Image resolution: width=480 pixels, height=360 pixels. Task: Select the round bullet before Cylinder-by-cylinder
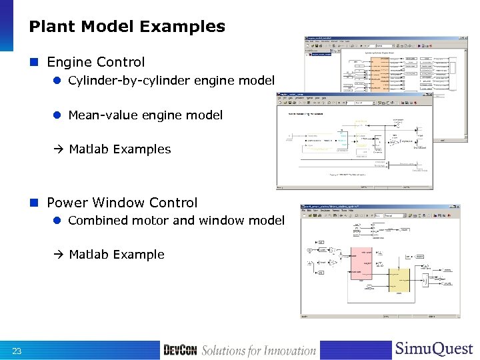[x=58, y=81]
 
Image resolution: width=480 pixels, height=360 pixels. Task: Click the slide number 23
[x=17, y=351]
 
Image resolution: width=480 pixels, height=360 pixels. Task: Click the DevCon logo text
[x=180, y=351]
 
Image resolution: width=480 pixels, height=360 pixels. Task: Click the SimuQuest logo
[x=433, y=349]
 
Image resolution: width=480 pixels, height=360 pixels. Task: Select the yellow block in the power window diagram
[x=399, y=281]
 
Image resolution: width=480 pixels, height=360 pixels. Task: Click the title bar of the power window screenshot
[x=380, y=207]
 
